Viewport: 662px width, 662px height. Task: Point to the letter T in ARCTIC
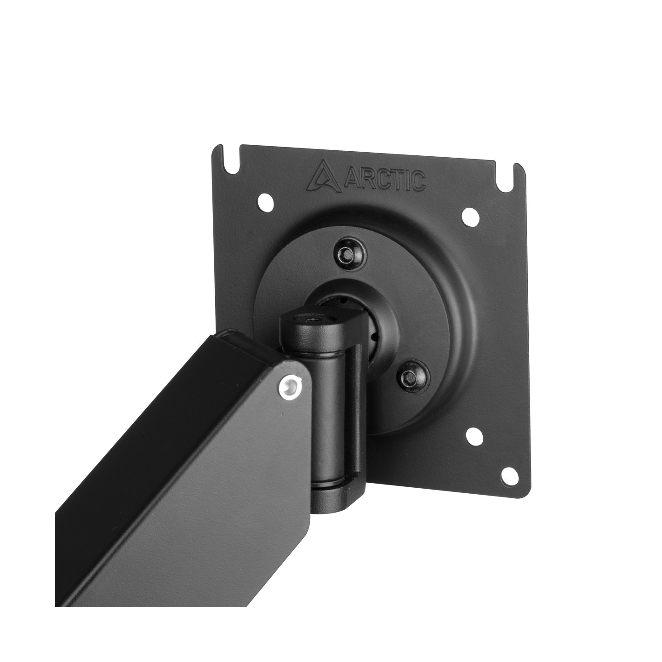[395, 181]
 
